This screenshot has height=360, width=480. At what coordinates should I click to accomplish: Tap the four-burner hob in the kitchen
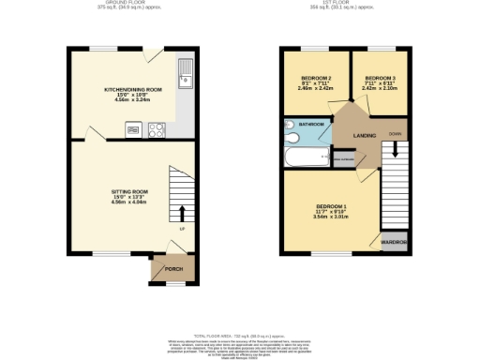[157, 130]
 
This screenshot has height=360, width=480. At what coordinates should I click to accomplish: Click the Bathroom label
[311, 124]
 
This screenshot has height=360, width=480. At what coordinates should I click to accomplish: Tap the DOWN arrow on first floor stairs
[395, 148]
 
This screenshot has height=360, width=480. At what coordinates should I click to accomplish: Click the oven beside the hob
[132, 130]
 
